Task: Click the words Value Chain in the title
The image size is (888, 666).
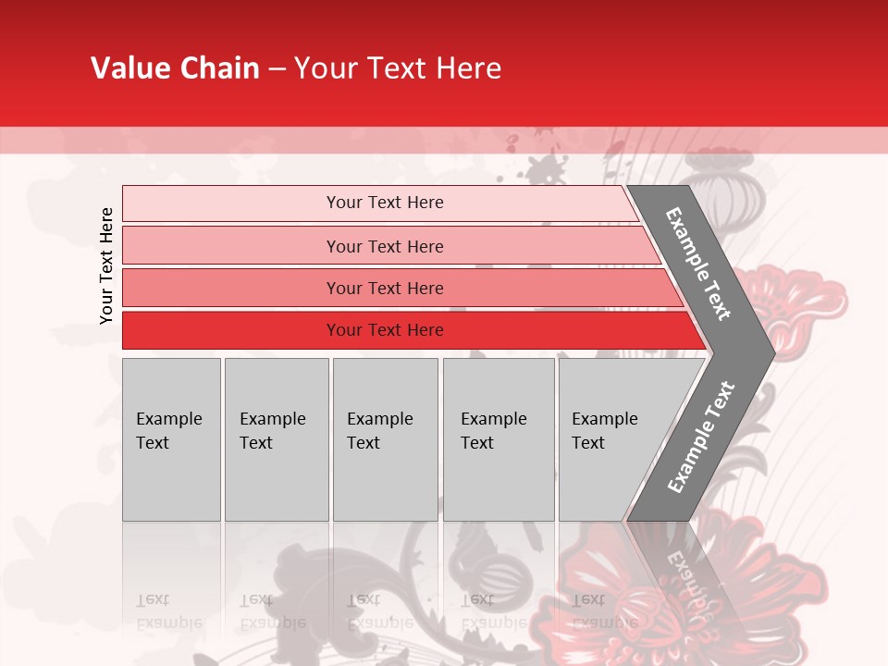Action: [x=175, y=68]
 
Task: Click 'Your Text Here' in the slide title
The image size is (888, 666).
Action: [x=398, y=68]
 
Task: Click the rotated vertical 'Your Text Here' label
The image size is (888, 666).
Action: [x=106, y=265]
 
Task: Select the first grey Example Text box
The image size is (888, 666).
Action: [x=171, y=439]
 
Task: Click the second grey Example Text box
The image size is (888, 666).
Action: [x=276, y=439]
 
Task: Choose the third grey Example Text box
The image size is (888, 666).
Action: [x=385, y=439]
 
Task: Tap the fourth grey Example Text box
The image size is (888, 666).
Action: [x=499, y=439]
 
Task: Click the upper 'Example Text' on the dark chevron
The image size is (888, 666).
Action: [x=698, y=264]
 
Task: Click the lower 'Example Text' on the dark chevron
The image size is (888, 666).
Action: [x=700, y=438]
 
